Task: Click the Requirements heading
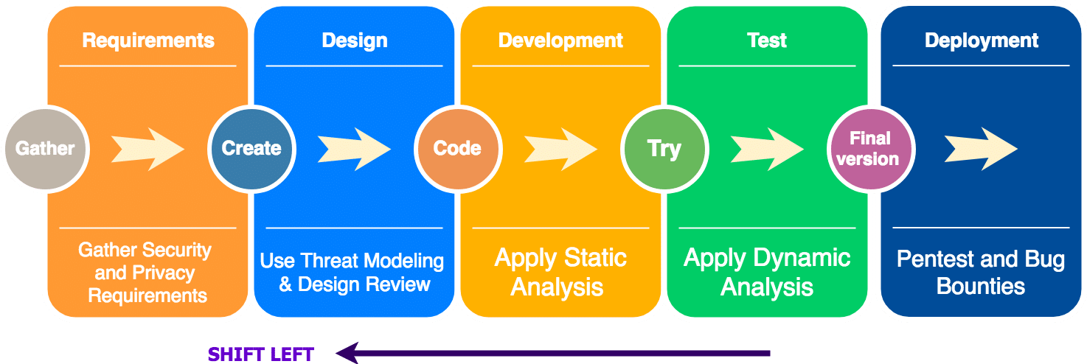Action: click(147, 41)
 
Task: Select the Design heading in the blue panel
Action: click(354, 41)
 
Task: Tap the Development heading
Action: click(560, 41)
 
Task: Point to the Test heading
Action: click(767, 41)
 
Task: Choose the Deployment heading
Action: click(981, 41)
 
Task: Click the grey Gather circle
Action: click(45, 149)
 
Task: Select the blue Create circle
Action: click(251, 149)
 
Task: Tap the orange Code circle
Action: click(457, 149)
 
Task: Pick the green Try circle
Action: click(664, 149)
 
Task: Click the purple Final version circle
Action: click(870, 149)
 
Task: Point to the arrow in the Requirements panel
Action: click(147, 149)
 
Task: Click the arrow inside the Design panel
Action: click(354, 149)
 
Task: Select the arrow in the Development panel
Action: click(560, 149)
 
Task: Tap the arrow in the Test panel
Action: click(767, 149)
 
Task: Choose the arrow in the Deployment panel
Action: click(981, 149)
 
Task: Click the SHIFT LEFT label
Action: click(261, 354)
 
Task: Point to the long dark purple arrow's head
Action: click(347, 354)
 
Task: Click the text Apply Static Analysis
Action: click(560, 272)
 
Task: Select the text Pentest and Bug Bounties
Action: click(981, 272)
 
